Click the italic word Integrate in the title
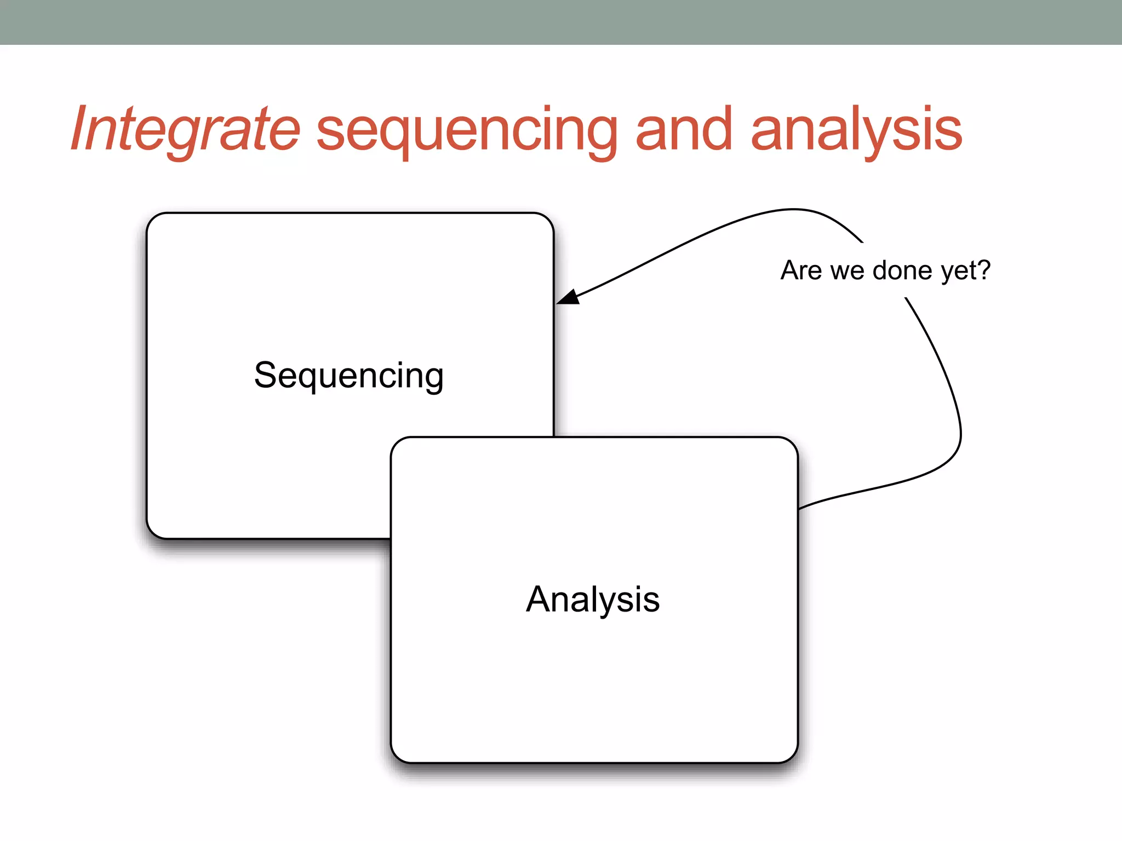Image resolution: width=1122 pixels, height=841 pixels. click(185, 130)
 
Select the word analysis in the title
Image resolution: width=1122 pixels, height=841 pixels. click(856, 131)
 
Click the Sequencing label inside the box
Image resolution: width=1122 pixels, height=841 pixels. click(349, 376)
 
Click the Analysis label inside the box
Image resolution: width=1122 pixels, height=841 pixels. click(593, 600)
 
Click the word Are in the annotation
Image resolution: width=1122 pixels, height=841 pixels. click(802, 270)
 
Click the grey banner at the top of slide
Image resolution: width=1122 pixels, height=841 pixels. click(561, 22)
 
